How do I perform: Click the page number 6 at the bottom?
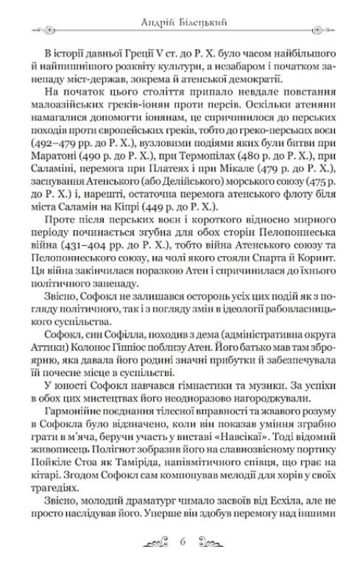(180, 544)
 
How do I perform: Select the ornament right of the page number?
(210, 544)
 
